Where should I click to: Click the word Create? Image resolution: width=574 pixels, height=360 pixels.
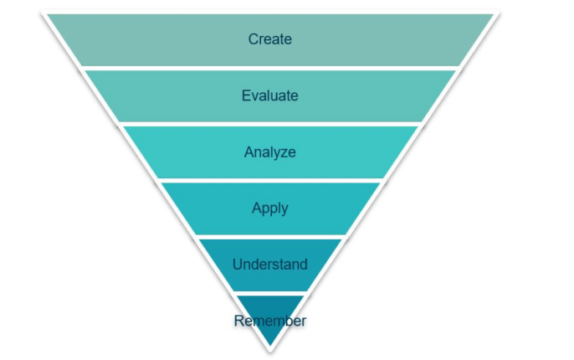269,39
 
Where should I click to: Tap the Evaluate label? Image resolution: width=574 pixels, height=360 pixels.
269,95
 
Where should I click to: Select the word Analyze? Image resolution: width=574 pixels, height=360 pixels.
269,152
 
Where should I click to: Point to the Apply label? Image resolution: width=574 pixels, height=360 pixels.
269,208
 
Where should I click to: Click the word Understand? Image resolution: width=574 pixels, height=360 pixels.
269,265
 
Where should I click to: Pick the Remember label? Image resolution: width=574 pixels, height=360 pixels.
270,321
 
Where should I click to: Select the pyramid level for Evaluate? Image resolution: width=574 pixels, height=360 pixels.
167,95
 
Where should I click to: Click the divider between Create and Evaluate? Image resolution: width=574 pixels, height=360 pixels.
269,67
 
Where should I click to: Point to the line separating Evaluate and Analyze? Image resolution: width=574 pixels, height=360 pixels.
269,123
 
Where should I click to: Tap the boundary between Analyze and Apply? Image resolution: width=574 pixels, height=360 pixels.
269,179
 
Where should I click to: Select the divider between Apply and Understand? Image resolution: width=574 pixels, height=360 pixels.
269,236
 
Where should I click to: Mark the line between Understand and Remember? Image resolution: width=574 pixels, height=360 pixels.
269,292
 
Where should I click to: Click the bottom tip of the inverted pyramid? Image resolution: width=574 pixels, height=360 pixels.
269,349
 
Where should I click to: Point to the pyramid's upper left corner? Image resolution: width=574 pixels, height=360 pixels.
45,13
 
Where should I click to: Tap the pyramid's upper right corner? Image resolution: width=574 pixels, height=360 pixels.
492,13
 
